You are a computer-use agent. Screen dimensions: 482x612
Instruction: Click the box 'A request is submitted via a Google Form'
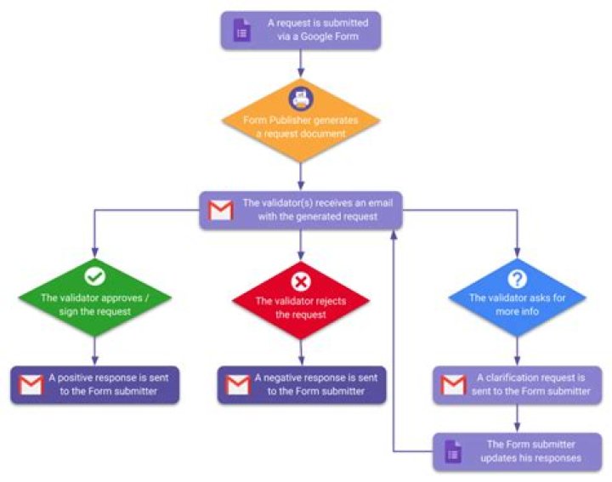point(301,30)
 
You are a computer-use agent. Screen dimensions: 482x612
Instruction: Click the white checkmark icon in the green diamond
point(95,277)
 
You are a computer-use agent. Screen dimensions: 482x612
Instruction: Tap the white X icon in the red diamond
point(301,281)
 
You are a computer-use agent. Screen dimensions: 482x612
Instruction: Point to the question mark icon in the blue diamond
point(517,279)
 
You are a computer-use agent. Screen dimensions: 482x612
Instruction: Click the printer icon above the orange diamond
point(301,97)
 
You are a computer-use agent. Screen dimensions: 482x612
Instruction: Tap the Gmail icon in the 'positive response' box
point(31,385)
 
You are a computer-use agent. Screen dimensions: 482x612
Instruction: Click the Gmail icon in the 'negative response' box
point(238,385)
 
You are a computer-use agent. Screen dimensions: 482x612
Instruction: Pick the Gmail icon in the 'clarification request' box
point(453,385)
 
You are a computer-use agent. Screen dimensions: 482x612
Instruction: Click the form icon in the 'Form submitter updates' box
point(453,451)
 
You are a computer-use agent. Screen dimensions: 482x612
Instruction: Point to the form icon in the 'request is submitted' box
point(241,30)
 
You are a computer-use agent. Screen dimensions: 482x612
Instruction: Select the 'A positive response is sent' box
point(95,385)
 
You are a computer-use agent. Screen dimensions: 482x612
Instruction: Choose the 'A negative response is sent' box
point(301,385)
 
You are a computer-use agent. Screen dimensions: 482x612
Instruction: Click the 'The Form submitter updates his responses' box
point(517,451)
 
